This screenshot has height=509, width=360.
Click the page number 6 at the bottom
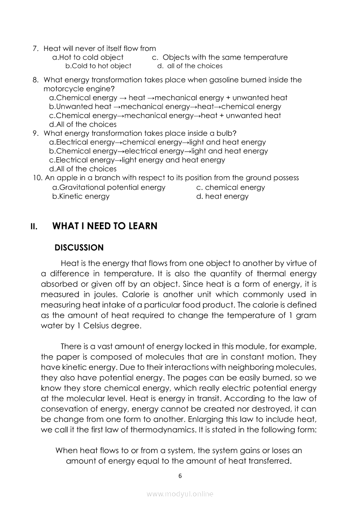click(x=180, y=476)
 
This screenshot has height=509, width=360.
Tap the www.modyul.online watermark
click(x=180, y=494)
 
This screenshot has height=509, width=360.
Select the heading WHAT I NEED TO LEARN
click(x=105, y=226)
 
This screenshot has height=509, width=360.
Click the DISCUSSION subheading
click(x=79, y=248)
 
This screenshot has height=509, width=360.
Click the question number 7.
click(x=36, y=48)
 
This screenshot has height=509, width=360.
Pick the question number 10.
click(x=37, y=178)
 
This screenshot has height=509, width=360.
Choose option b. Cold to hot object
click(x=98, y=66)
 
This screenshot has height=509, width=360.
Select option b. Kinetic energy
click(x=81, y=196)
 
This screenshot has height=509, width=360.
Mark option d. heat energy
click(x=222, y=196)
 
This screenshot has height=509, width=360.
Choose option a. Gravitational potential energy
click(x=109, y=188)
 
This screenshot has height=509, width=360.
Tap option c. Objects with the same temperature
click(x=220, y=57)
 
